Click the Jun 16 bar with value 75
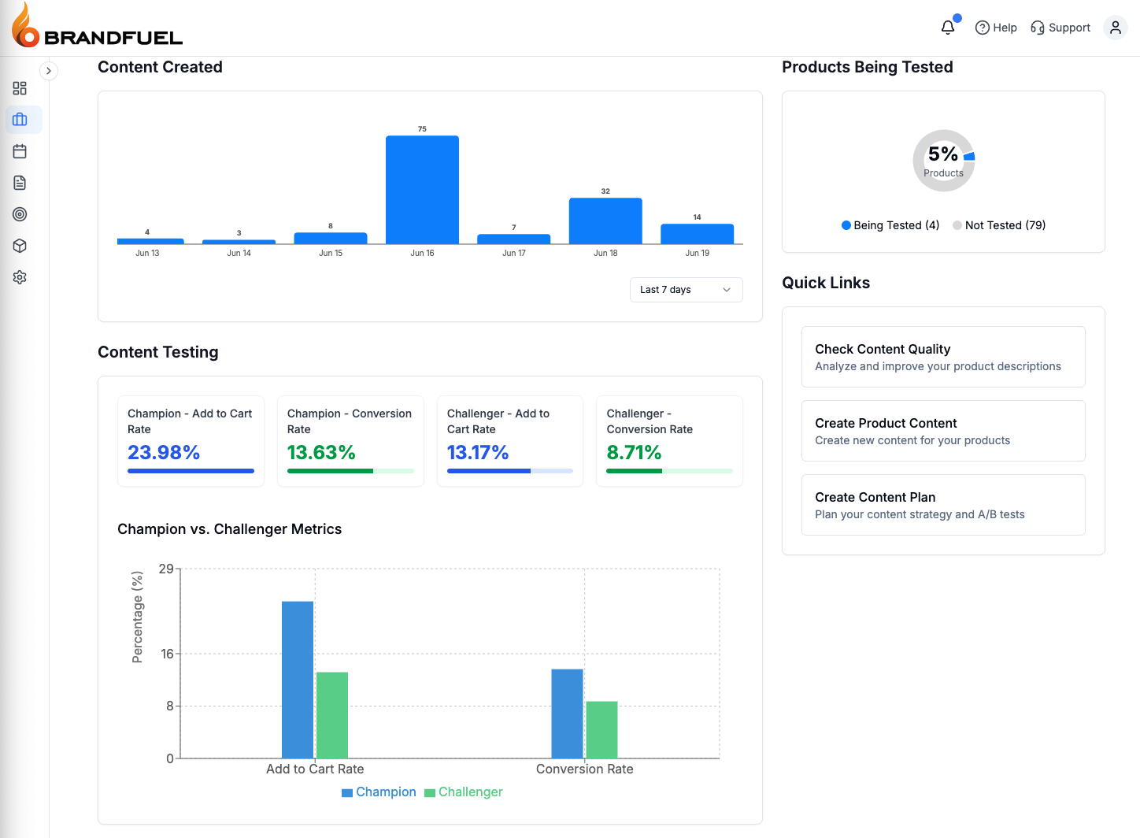tap(422, 189)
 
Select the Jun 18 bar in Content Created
tap(605, 221)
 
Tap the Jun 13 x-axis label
tap(147, 254)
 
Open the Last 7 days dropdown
tap(686, 290)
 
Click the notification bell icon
tap(948, 28)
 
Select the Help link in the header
tap(996, 28)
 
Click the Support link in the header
tap(1060, 28)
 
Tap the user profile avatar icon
tap(1115, 28)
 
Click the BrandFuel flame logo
tap(25, 26)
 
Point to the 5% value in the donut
tap(942, 154)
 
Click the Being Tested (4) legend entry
tap(890, 225)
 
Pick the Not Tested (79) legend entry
tap(999, 225)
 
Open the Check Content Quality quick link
tap(942, 357)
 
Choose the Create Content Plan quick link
tap(942, 505)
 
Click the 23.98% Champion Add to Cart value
tap(164, 453)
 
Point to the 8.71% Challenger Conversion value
tap(634, 453)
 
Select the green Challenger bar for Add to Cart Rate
tap(332, 715)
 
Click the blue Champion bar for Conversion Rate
tap(567, 714)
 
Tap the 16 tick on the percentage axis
tap(167, 654)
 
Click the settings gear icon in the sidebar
tap(20, 277)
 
